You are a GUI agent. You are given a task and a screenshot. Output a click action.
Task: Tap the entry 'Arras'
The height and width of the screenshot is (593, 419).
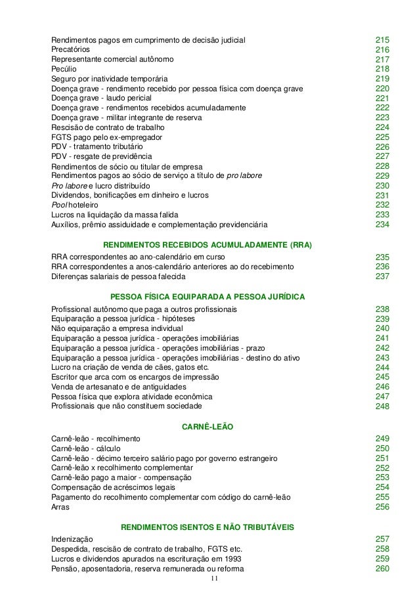click(61, 508)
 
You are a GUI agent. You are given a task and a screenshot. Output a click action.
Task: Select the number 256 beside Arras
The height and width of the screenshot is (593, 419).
click(382, 508)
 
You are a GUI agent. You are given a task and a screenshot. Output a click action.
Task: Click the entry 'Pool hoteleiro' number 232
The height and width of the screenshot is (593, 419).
click(382, 206)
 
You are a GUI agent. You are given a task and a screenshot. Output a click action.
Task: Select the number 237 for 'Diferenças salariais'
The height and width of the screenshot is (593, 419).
click(382, 276)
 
